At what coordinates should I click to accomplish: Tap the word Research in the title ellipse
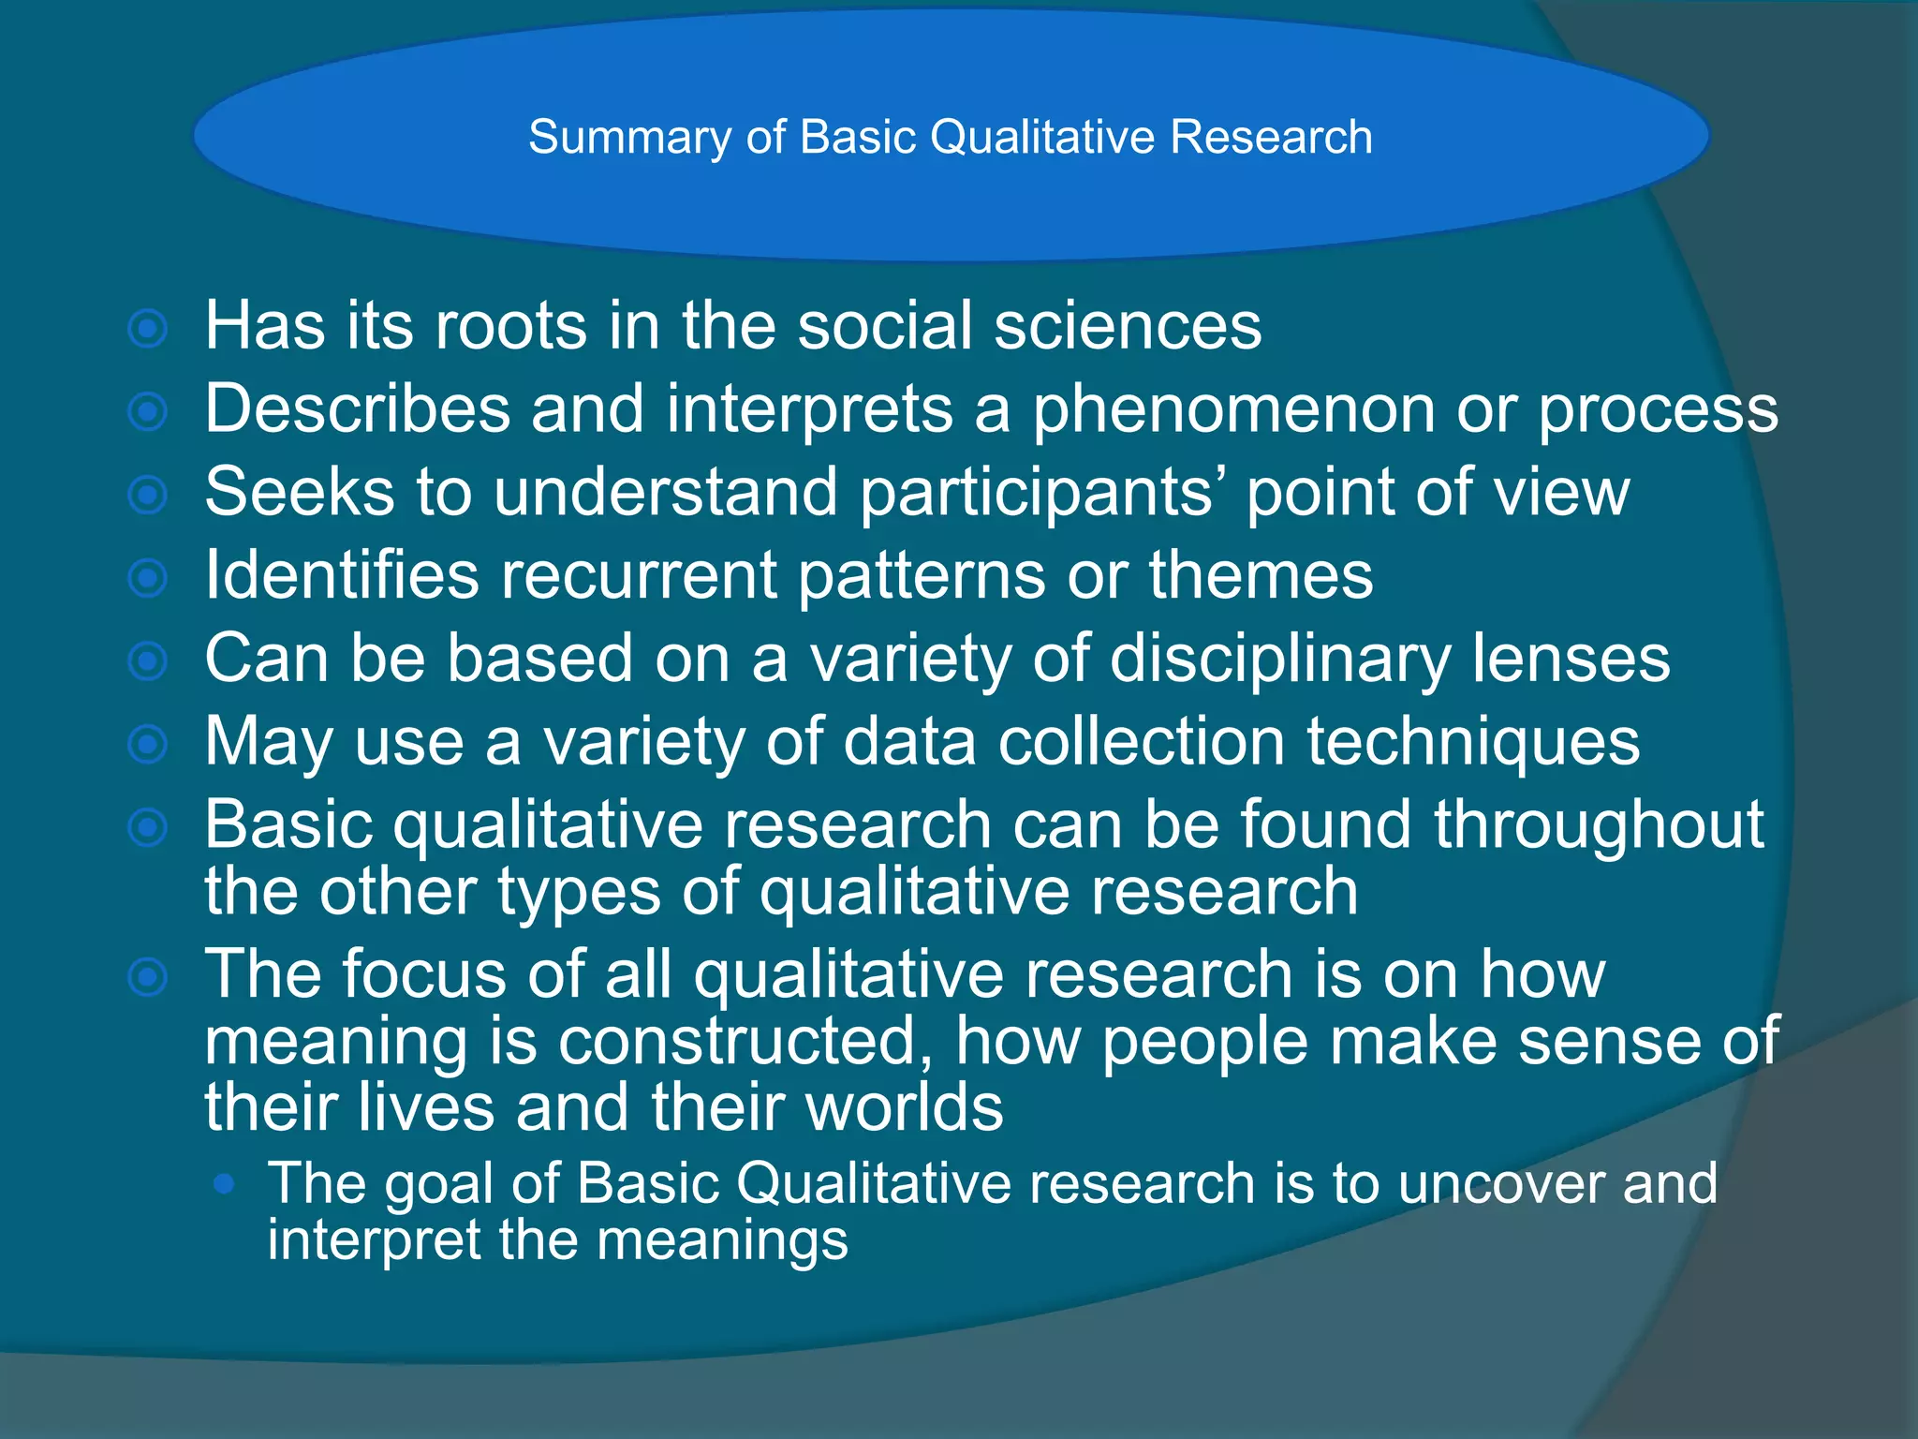[x=1271, y=138]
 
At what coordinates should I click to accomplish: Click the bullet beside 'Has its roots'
[x=148, y=329]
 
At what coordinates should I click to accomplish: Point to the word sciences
[x=1128, y=326]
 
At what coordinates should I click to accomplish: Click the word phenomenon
[x=1233, y=410]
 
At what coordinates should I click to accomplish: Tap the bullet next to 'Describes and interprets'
[x=148, y=411]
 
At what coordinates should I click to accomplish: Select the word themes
[x=1261, y=575]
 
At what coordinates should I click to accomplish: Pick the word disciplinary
[x=1279, y=660]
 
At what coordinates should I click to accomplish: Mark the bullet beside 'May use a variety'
[x=148, y=745]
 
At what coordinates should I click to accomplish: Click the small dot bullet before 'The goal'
[x=224, y=1184]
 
